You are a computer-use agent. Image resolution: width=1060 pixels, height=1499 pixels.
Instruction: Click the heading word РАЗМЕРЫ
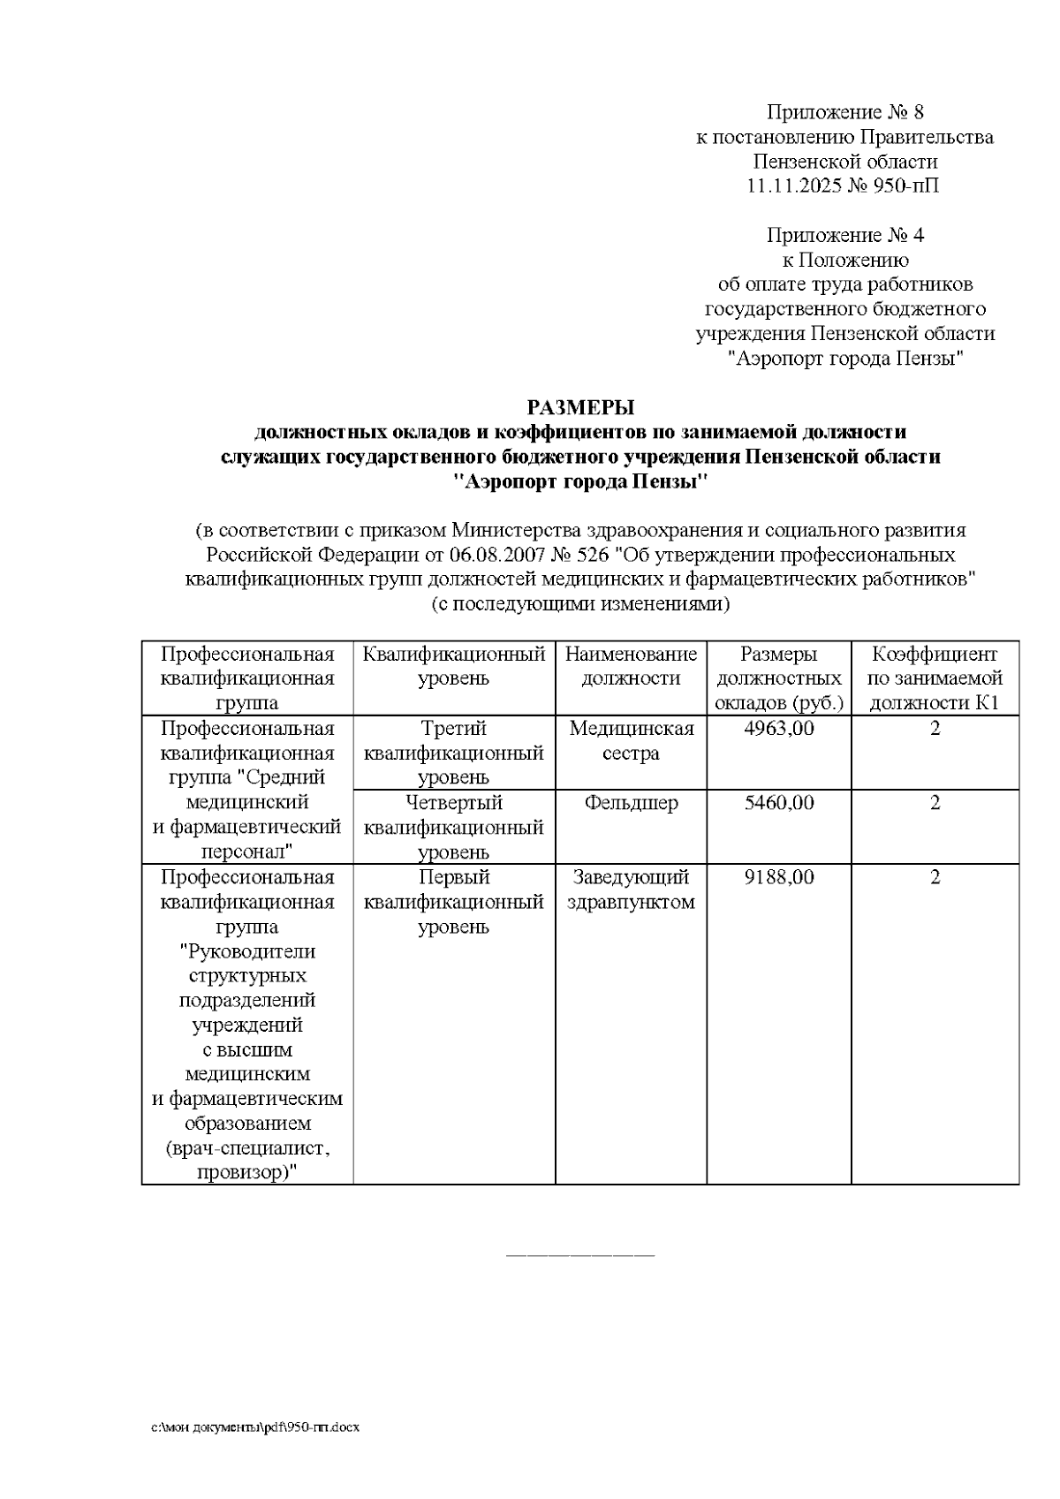580,407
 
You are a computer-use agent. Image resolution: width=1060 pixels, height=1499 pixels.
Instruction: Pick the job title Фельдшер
631,803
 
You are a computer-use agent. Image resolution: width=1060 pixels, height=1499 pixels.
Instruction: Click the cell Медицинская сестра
631,741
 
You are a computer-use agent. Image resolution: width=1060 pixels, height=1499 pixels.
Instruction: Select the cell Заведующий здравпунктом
631,890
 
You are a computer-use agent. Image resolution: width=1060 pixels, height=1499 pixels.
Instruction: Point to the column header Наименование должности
631,666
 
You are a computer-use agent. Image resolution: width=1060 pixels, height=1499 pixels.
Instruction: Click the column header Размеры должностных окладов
778,678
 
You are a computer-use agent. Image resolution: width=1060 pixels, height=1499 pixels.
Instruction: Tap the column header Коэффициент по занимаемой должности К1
935,678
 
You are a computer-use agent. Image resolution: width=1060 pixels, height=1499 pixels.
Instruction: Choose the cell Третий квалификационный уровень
454,753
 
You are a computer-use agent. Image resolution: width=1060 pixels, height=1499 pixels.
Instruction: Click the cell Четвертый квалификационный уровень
454,828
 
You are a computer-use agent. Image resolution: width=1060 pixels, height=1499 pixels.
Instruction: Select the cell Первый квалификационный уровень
454,902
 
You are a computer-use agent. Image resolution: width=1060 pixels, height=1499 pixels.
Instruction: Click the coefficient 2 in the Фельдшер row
935,803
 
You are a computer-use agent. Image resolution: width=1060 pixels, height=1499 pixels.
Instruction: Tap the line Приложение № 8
844,112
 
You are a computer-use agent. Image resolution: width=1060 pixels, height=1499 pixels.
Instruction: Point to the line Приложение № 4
844,235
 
